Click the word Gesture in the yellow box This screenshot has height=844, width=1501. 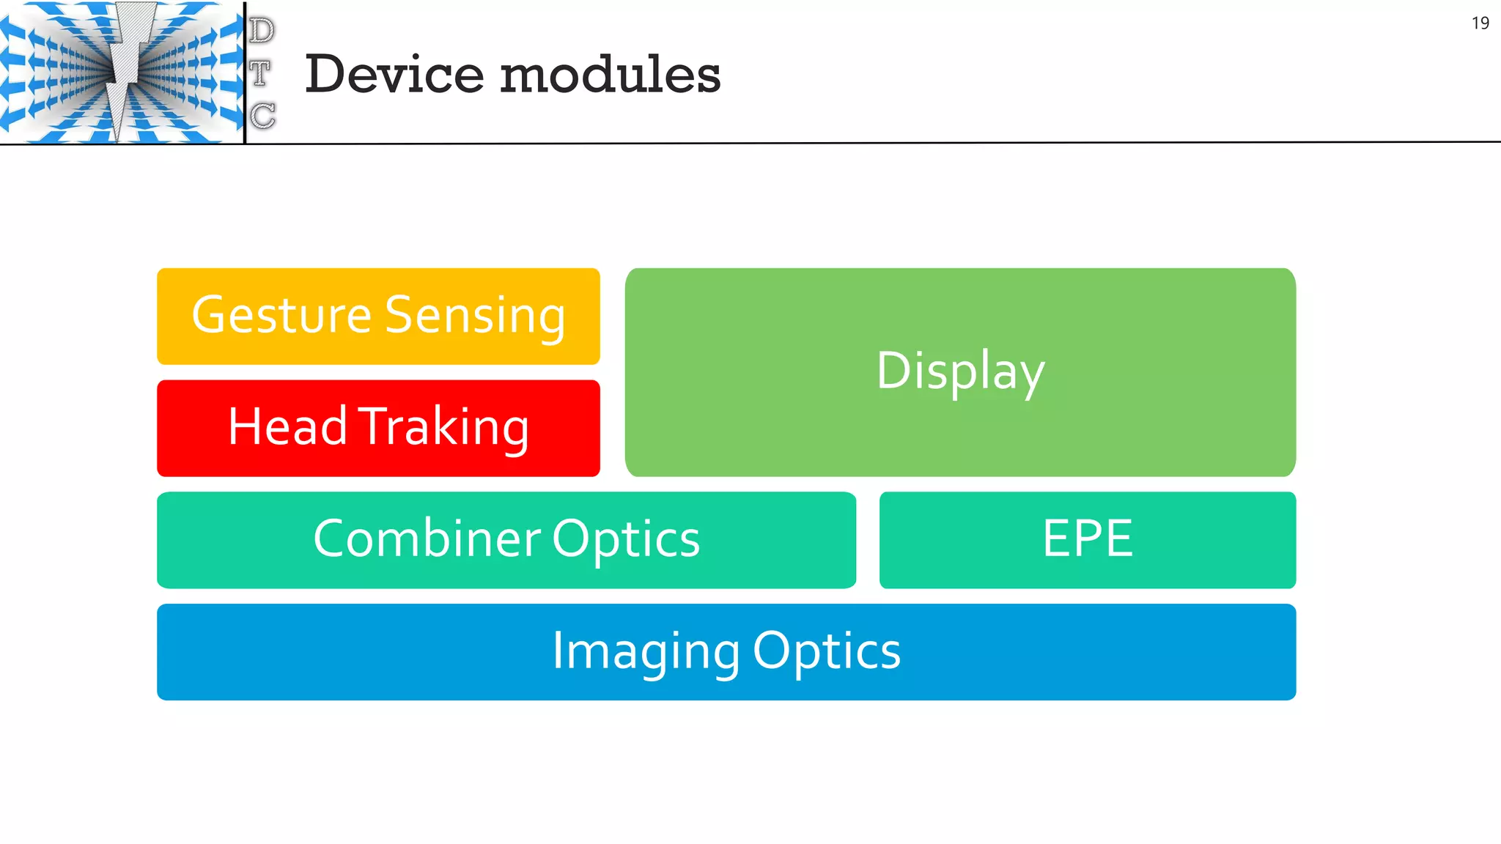pos(281,316)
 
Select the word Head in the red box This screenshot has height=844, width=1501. pos(287,426)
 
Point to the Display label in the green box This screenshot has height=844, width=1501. pos(960,371)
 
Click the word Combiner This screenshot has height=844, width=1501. pos(427,539)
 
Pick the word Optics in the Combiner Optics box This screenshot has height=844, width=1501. pos(626,539)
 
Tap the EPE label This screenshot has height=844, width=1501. pos(1088,539)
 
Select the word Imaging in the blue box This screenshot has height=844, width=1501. pos(646,651)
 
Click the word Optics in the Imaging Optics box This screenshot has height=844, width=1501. pos(827,651)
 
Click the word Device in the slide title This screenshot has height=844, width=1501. pos(394,75)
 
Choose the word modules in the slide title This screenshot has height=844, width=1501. pos(611,75)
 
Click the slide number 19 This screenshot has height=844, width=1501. pos(1480,23)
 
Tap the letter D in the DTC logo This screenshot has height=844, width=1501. pos(262,31)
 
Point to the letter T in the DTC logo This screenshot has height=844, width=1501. pos(260,73)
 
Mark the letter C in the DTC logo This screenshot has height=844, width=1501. pos(262,116)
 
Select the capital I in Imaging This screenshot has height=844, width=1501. pos(557,650)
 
